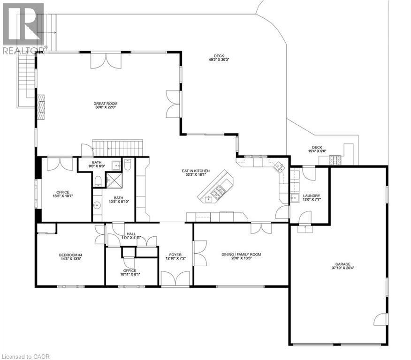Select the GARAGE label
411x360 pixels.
click(x=342, y=264)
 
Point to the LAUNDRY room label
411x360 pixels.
click(x=311, y=196)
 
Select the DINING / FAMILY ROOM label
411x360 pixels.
click(x=241, y=255)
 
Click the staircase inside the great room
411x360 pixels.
click(x=117, y=147)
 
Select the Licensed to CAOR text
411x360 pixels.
click(x=25, y=356)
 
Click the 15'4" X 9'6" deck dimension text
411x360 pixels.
click(x=317, y=151)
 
